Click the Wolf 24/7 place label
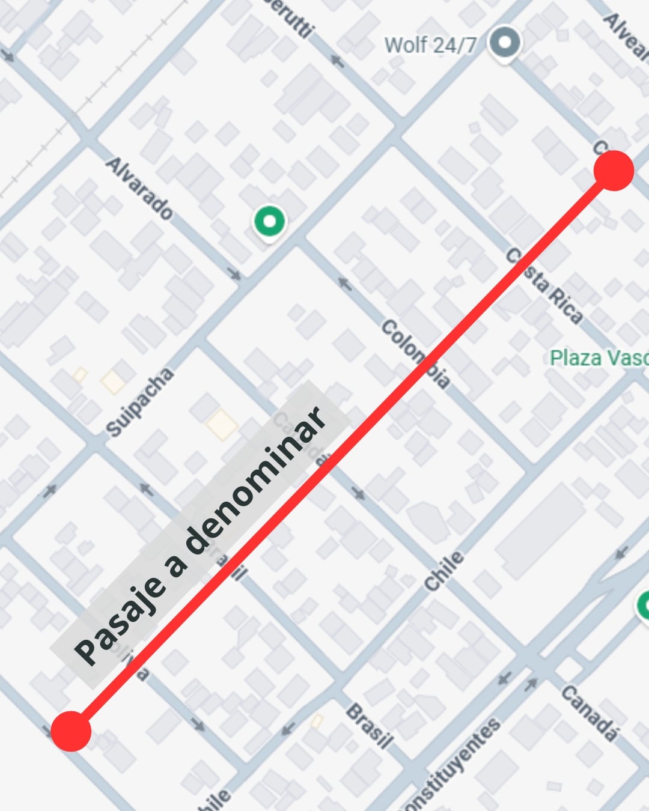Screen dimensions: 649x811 [430, 44]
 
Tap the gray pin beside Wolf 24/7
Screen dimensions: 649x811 [504, 43]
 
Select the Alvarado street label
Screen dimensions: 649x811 [139, 188]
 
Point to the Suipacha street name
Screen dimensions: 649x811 [139, 401]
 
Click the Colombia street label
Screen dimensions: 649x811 [415, 354]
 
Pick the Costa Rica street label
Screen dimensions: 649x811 [544, 286]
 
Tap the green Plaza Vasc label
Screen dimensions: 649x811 [599, 358]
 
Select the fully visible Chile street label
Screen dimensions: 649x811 [444, 571]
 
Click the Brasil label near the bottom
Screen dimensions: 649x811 [370, 726]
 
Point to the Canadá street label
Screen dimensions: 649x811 [589, 713]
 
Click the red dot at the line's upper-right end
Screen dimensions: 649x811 [614, 171]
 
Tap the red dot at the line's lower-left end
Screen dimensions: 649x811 [71, 731]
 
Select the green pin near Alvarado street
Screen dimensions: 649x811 [269, 222]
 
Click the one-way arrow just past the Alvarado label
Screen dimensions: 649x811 [234, 275]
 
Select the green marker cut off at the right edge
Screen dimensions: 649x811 [644, 606]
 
